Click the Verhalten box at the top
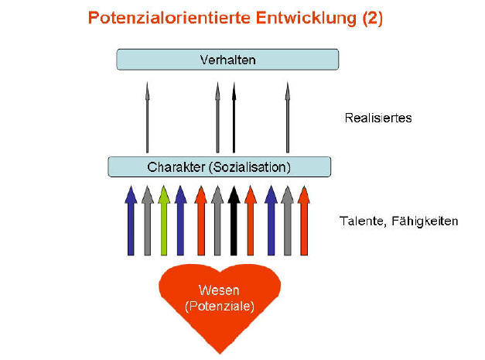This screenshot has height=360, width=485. coord(227,60)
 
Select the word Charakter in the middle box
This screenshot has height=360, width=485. coord(173,167)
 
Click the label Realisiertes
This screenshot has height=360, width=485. coord(377,118)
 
